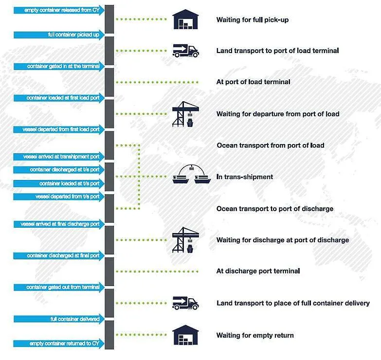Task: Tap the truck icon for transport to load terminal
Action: pos(185,51)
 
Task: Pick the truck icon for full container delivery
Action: pos(185,303)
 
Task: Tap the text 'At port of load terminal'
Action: pos(253,82)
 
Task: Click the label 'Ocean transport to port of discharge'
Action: pos(275,209)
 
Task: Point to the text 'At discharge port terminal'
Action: pos(258,271)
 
